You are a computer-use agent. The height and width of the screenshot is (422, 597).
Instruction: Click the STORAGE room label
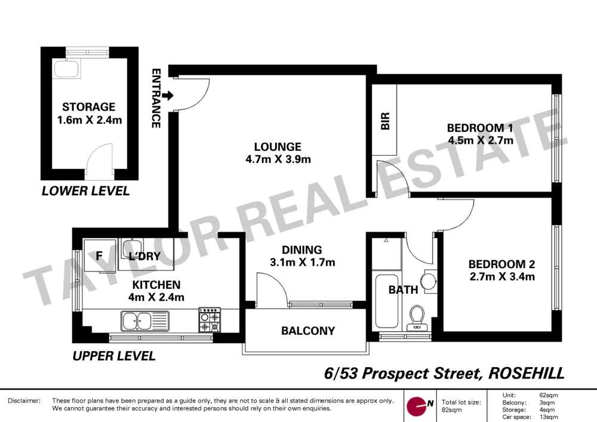(88, 107)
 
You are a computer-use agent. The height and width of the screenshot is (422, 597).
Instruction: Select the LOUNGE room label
(277, 147)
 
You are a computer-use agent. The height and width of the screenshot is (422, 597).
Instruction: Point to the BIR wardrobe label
(385, 122)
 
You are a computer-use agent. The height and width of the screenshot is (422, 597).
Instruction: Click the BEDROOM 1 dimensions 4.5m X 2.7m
(480, 141)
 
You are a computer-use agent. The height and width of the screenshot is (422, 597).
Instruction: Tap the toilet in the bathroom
(417, 318)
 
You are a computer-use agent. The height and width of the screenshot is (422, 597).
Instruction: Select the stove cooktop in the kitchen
(209, 320)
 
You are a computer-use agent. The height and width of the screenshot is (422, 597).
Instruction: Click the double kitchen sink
(139, 321)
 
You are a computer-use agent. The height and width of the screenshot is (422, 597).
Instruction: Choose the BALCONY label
(308, 331)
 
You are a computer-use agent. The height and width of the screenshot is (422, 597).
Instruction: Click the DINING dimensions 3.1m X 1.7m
(302, 262)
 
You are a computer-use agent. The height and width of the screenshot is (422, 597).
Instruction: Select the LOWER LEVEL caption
(85, 192)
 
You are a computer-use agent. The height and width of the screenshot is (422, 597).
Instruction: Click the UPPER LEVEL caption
(113, 356)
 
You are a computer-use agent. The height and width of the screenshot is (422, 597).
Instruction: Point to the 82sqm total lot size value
(452, 410)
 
